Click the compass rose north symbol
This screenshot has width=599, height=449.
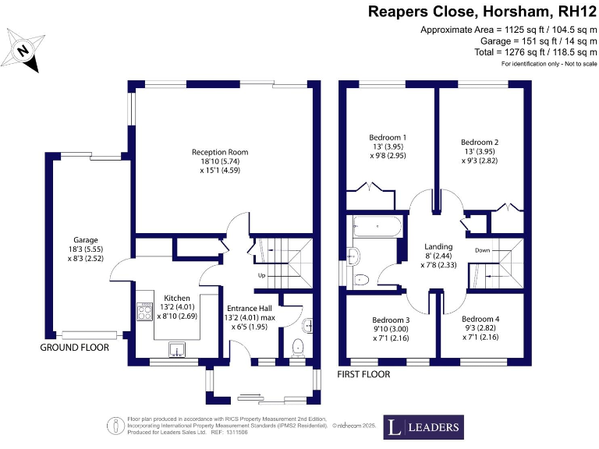pos(23,50)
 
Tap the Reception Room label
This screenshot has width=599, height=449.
pos(220,152)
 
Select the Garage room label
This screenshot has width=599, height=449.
pos(86,240)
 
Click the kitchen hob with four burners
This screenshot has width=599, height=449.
pos(145,311)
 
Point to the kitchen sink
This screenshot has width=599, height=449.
pos(177,349)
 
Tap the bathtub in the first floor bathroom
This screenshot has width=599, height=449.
pos(377,226)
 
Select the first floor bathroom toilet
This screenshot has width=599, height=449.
pos(361,281)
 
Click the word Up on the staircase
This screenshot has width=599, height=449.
pos(262,275)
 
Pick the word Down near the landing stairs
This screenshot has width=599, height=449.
pos(483,250)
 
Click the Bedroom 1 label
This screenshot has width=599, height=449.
pos(388,137)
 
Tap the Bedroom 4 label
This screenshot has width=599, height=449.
pos(480,319)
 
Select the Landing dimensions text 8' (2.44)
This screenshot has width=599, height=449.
pos(438,256)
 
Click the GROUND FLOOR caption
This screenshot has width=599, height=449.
pos(75,348)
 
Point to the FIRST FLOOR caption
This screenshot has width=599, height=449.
pos(363,374)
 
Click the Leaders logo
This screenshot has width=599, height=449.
pos(424,427)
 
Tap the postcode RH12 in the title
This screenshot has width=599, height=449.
pos(577,12)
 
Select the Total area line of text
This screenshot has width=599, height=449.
pos(536,52)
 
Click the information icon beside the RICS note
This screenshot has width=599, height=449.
pos(115,426)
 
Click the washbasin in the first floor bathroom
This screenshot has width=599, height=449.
pos(353,256)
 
